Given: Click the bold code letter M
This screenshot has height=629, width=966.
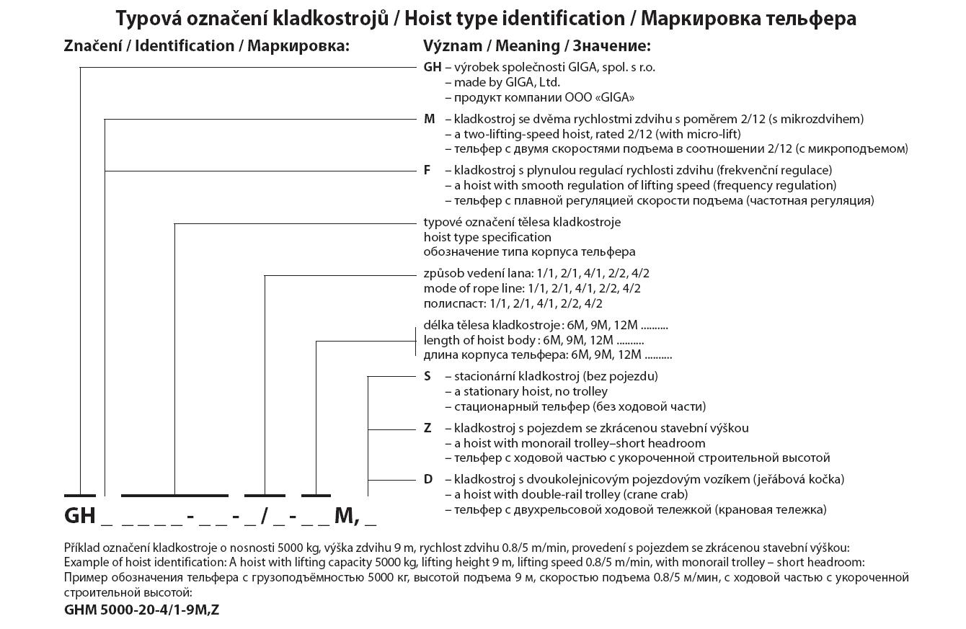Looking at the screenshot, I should tap(430, 119).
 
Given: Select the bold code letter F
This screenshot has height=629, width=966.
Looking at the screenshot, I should tap(427, 170).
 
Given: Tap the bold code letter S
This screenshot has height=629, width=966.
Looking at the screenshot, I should tap(427, 376).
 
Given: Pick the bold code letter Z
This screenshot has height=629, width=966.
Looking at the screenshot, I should tap(427, 428).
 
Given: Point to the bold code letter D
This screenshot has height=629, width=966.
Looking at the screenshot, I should tap(428, 479).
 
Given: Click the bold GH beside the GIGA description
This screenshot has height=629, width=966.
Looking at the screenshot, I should tap(432, 68).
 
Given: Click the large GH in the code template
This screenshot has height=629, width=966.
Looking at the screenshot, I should tap(79, 516).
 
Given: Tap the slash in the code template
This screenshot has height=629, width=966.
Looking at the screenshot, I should tap(266, 516).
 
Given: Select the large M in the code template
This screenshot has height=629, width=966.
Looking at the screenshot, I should tap(344, 516).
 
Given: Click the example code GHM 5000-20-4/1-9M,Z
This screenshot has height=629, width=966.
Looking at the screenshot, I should tap(141, 610).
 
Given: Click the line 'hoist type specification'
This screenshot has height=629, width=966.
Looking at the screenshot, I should tap(487, 237).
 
